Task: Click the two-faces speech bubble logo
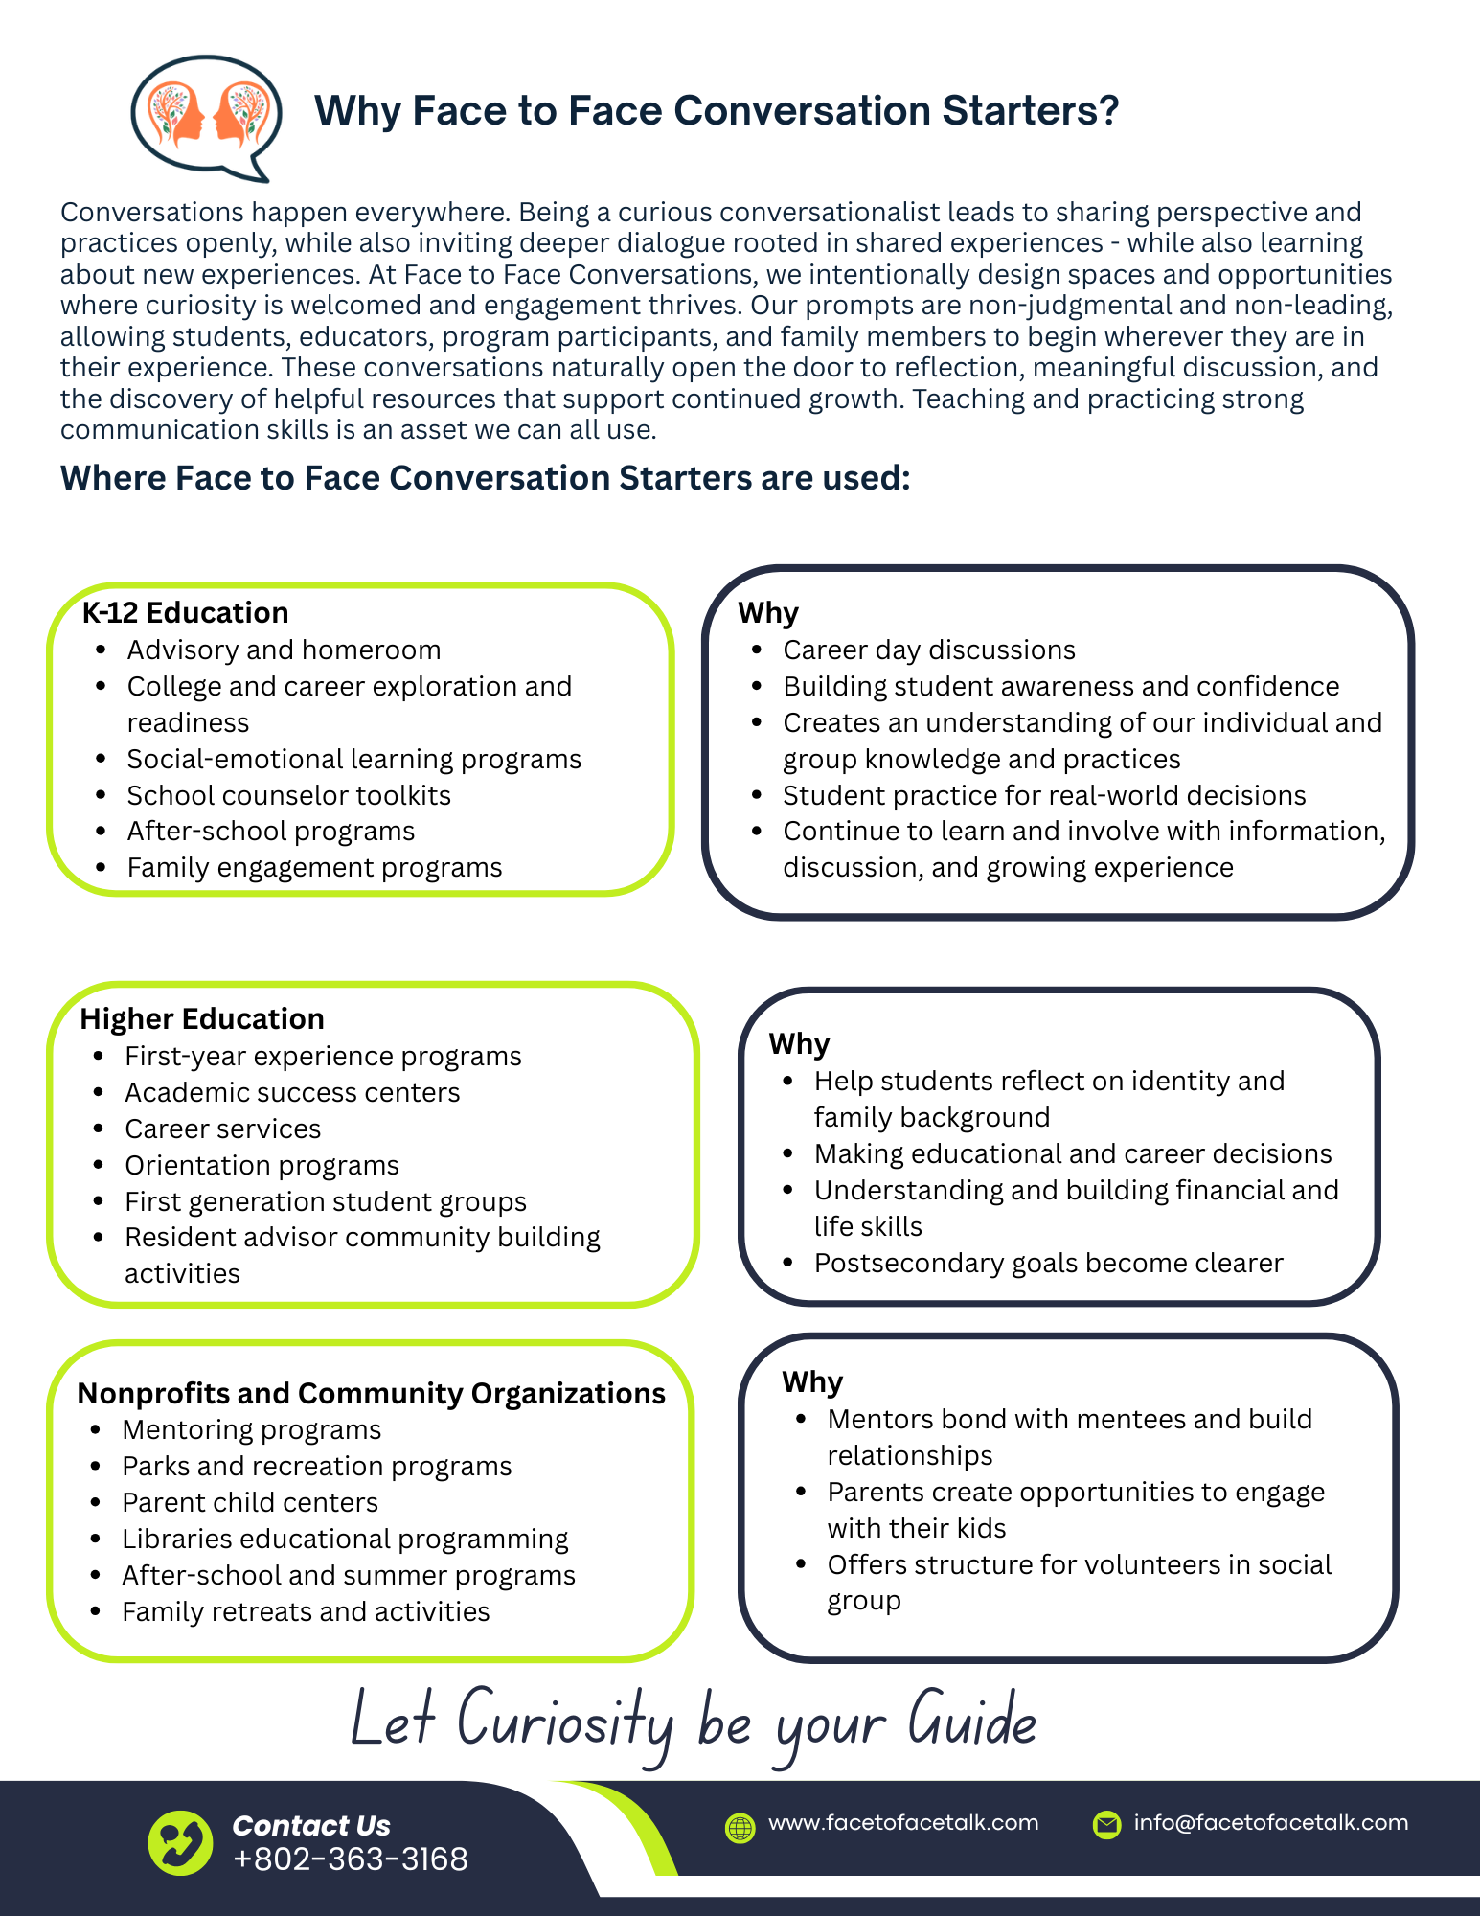click(206, 116)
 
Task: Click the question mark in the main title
click(1109, 111)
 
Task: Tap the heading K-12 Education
click(185, 613)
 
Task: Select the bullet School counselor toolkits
click(288, 795)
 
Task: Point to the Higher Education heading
click(202, 1018)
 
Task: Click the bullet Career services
click(222, 1129)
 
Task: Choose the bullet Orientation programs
click(262, 1165)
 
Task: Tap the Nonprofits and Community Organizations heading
click(371, 1393)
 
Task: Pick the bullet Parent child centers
click(250, 1502)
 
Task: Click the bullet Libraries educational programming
click(345, 1539)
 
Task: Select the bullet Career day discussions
click(929, 650)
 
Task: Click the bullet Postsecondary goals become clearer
click(1048, 1263)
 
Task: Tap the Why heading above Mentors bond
click(812, 1381)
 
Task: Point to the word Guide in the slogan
click(971, 1720)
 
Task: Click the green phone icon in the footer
click(180, 1842)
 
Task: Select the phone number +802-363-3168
click(351, 1859)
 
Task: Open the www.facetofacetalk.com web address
click(903, 1822)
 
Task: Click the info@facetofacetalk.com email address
click(1270, 1822)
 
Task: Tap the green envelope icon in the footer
click(1106, 1825)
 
